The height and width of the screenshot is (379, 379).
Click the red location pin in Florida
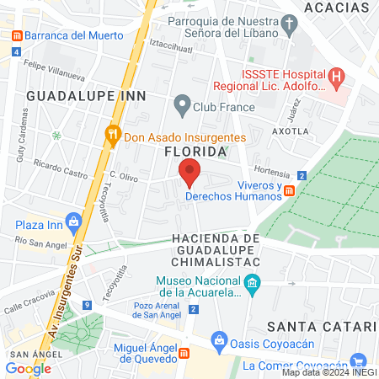click(x=189, y=173)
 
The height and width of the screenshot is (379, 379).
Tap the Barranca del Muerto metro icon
click(x=16, y=36)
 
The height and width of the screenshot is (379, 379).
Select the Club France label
click(x=222, y=106)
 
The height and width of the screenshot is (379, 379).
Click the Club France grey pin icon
click(x=181, y=106)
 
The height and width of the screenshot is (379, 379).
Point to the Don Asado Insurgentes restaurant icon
click(x=112, y=136)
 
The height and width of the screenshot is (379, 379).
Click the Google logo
click(x=28, y=368)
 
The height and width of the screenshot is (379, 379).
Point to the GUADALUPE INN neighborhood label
click(x=87, y=96)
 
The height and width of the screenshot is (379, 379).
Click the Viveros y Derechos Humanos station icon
click(x=289, y=191)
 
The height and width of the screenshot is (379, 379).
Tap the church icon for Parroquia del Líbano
click(x=289, y=24)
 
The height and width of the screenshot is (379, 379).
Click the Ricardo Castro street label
click(x=60, y=168)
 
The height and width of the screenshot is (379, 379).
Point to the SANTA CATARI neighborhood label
click(x=320, y=326)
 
